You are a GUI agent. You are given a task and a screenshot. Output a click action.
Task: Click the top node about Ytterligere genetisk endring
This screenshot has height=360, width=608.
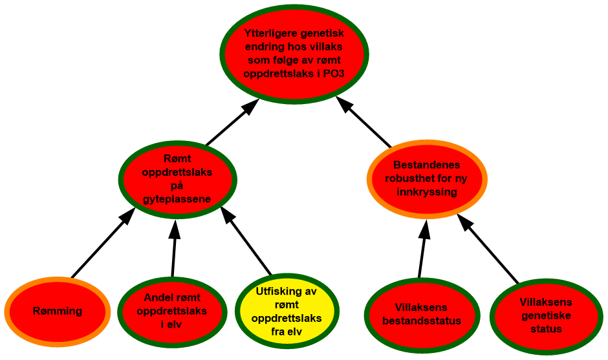(294, 54)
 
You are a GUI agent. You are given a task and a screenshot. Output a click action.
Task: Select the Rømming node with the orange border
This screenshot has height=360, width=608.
(58, 312)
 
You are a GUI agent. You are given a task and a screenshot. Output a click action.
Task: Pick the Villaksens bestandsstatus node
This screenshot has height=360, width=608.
(422, 315)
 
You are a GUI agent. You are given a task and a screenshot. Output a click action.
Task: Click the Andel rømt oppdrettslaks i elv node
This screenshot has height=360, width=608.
(172, 312)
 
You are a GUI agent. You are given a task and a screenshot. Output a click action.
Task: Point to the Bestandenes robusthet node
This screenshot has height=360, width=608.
(427, 178)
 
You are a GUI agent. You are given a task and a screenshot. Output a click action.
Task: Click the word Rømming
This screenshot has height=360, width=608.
(58, 312)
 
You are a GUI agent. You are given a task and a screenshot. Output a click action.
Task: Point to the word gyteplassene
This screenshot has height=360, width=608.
(177, 199)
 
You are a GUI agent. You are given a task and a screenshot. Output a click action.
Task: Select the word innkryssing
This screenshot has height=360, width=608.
(428, 192)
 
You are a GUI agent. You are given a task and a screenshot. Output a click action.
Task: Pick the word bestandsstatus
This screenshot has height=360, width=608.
(422, 321)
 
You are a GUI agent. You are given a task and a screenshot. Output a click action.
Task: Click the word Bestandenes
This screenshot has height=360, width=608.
(427, 165)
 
